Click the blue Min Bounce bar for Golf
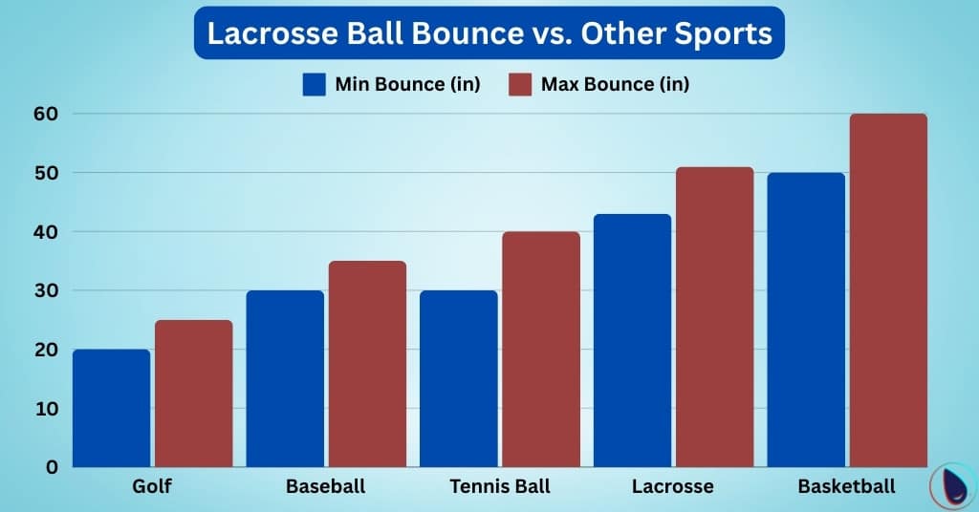pyautogui.click(x=111, y=408)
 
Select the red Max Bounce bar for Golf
pyautogui.click(x=194, y=394)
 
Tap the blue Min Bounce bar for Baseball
pyautogui.click(x=285, y=378)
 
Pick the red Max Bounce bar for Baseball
pyautogui.click(x=368, y=364)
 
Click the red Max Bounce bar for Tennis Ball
pyautogui.click(x=541, y=349)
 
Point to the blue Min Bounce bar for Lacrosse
pyautogui.click(x=632, y=340)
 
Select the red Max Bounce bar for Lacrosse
pyautogui.click(x=715, y=317)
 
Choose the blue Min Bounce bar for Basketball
pyautogui.click(x=806, y=320)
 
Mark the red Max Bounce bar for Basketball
pyautogui.click(x=889, y=290)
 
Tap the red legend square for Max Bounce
pyautogui.click(x=520, y=84)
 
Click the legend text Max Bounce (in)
pyautogui.click(x=615, y=84)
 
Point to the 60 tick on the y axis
pyautogui.click(x=47, y=114)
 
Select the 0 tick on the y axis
pyautogui.click(x=53, y=467)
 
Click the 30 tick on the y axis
pyautogui.click(x=47, y=290)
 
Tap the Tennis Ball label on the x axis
pyautogui.click(x=500, y=487)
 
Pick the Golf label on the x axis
pyautogui.click(x=152, y=487)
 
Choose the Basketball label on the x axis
pyautogui.click(x=847, y=487)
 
